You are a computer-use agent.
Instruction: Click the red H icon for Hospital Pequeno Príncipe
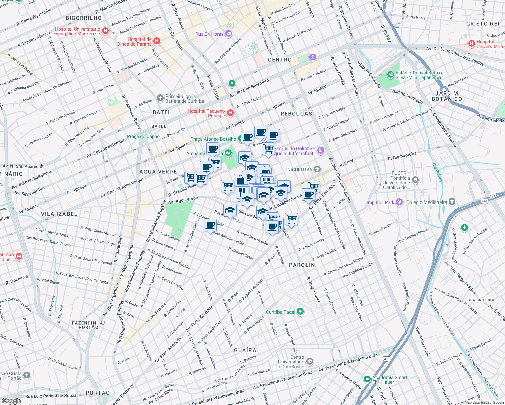(230, 113)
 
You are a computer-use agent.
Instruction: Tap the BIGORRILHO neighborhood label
(84, 18)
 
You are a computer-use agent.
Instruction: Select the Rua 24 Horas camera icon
(229, 34)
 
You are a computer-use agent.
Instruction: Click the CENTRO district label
(280, 60)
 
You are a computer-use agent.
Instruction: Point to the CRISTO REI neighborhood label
(482, 24)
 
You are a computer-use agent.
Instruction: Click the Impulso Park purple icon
(399, 202)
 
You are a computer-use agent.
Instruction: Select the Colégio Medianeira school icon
(452, 202)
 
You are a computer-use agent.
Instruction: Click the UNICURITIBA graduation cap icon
(317, 169)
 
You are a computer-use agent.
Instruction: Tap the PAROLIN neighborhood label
(302, 265)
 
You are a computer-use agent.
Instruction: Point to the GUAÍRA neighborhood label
(245, 350)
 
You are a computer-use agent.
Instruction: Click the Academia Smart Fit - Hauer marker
(367, 379)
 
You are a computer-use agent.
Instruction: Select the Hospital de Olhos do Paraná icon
(156, 41)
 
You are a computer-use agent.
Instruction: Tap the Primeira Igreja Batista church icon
(160, 98)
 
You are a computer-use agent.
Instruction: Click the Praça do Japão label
(143, 136)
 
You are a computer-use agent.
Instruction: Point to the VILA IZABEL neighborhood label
(59, 214)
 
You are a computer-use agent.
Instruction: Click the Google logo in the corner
(11, 401)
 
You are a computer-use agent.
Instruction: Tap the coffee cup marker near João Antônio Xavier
(210, 225)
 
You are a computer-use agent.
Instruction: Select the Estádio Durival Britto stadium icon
(391, 74)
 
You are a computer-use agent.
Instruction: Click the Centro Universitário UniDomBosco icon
(309, 362)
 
